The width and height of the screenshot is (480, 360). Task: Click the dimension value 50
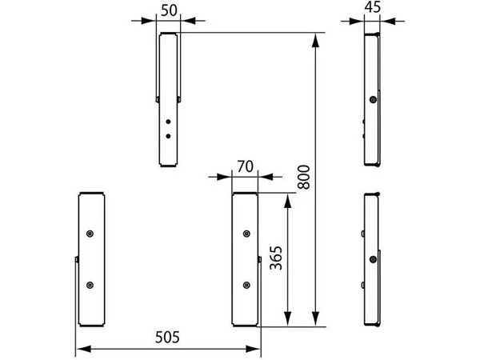pos(169,10)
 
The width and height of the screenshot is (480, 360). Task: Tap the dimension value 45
pos(373,6)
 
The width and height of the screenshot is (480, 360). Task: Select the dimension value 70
pos(246,167)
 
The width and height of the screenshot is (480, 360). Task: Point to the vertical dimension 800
pos(304,177)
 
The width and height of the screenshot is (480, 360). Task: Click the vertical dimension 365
pos(276,258)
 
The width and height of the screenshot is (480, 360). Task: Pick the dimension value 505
pos(167,338)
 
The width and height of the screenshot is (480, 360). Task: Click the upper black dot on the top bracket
pos(168,122)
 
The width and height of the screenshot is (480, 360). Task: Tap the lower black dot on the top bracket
pos(168,136)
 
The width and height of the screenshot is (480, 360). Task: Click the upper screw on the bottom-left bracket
pos(90,234)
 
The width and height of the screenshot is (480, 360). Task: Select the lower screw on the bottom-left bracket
pos(90,285)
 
